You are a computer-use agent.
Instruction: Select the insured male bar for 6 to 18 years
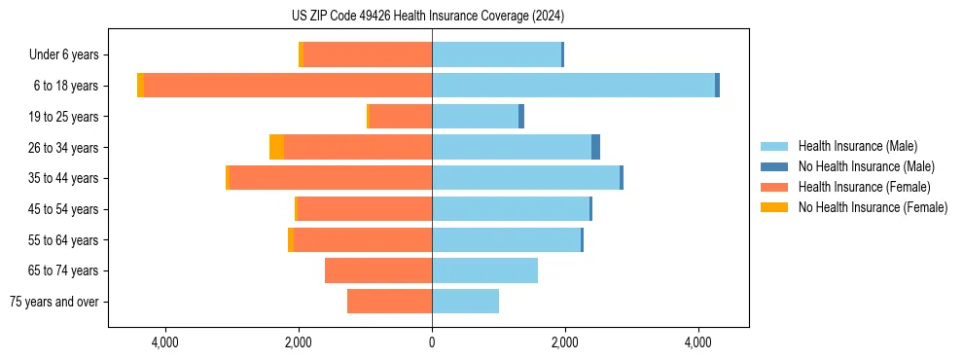coord(573,86)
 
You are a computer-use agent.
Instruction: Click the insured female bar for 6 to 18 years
coord(288,86)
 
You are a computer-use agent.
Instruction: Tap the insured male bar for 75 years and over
coord(465,302)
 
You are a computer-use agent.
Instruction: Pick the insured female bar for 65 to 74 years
coord(378,270)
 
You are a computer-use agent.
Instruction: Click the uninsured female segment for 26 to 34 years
coord(276,147)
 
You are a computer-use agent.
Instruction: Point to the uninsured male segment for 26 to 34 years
coord(595,147)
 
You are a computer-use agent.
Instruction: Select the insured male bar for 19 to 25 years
coord(475,117)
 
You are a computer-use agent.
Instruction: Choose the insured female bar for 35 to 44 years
coord(331,178)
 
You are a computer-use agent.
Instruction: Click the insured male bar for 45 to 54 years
coord(511,209)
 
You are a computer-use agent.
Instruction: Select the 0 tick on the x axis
coord(432,342)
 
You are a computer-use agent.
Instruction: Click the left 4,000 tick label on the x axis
coord(165,342)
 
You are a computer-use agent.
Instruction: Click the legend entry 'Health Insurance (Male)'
coord(857,146)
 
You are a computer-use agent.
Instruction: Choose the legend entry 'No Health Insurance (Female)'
coord(873,207)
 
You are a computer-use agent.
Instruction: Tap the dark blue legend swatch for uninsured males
coord(774,166)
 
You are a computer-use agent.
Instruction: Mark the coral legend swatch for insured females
coord(774,187)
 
